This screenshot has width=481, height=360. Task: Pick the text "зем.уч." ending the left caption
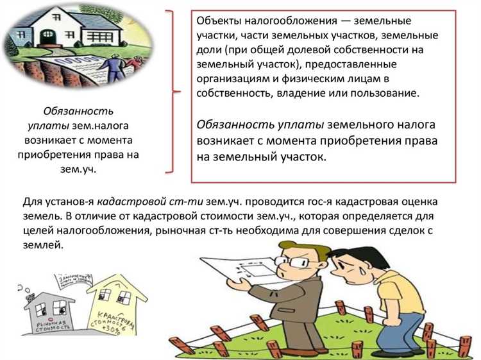pyautogui.click(x=78, y=169)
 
